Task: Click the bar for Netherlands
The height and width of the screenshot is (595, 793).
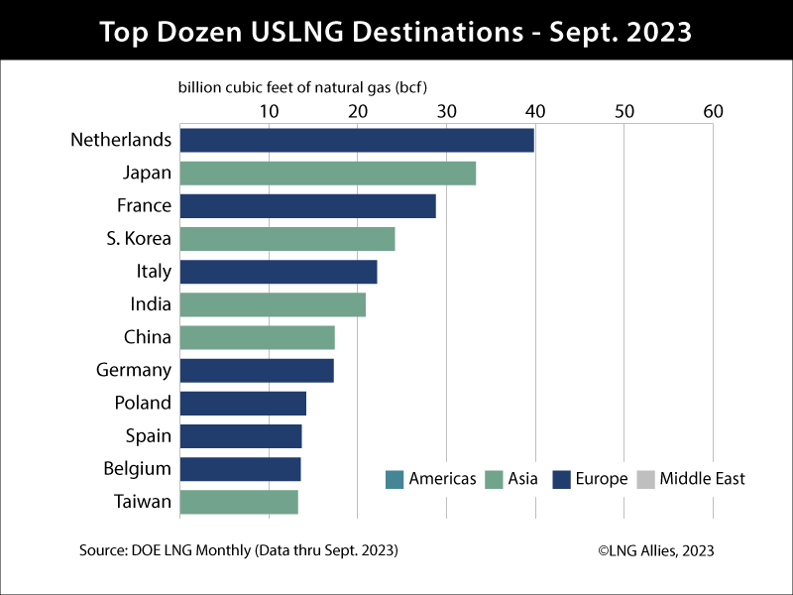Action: coord(357,140)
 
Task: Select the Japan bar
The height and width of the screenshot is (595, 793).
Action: coord(327,174)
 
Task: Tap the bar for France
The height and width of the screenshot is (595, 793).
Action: coord(307,206)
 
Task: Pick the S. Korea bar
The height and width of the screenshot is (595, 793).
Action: coord(287,239)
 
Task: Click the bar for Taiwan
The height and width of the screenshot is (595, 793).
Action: coord(239,502)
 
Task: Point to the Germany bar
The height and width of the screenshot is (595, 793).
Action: coord(257,371)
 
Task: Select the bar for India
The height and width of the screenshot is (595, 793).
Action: coord(273,304)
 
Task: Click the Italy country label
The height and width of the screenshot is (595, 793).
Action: coord(154,272)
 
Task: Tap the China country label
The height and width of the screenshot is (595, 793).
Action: coord(148,337)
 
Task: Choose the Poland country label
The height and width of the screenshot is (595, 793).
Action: coord(143,403)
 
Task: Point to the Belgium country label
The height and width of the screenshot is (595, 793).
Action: coord(138,468)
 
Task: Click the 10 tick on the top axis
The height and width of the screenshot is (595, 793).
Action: coord(269,111)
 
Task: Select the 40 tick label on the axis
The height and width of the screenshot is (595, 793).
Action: coord(535,111)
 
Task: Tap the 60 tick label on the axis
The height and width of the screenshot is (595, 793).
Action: coord(713,111)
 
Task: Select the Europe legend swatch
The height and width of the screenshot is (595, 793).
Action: coord(560,479)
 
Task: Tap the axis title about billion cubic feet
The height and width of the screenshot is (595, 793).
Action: coord(309,87)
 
